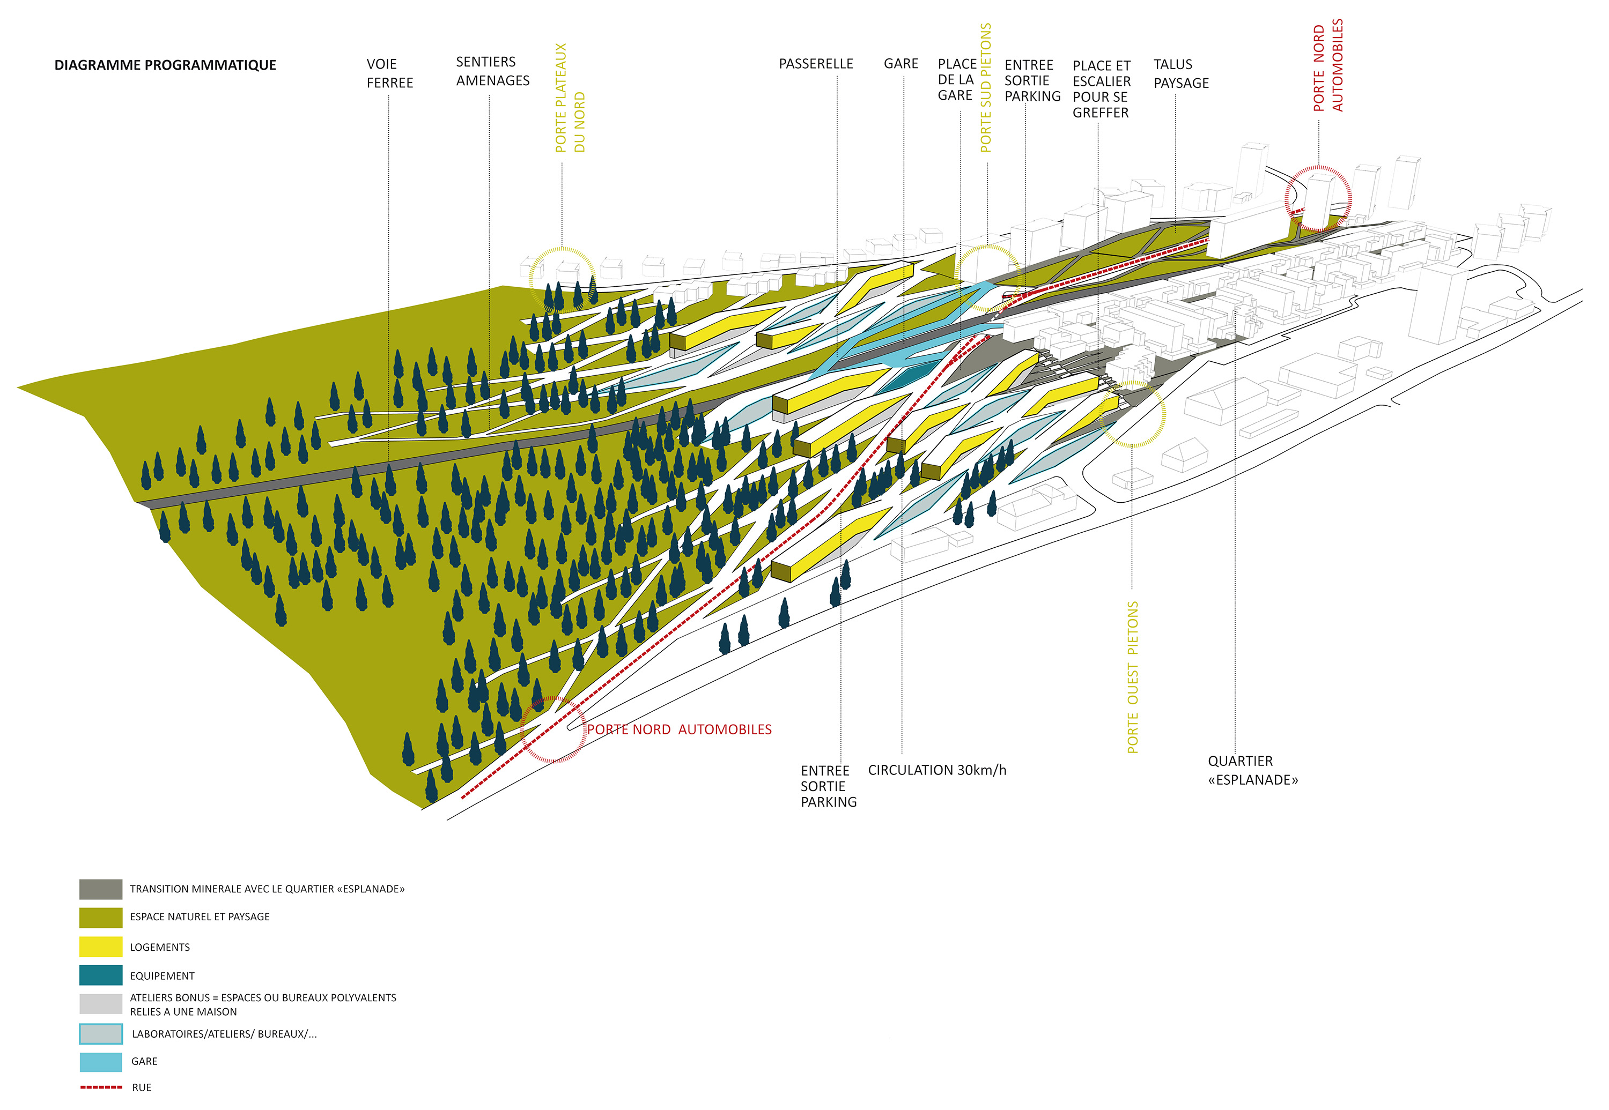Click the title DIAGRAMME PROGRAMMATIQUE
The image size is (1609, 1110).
click(165, 65)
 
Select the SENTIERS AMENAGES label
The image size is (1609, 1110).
click(492, 71)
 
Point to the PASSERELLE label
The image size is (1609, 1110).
click(816, 64)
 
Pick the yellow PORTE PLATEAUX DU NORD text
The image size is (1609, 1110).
click(570, 98)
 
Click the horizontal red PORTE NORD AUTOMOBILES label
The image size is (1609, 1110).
click(679, 729)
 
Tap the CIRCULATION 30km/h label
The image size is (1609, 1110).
click(937, 770)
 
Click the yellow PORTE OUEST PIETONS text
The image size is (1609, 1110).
click(1132, 677)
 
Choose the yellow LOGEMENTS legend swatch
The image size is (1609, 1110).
click(101, 947)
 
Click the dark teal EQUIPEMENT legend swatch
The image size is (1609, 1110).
click(101, 975)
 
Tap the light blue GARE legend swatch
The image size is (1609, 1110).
click(101, 1061)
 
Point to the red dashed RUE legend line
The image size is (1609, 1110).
click(101, 1087)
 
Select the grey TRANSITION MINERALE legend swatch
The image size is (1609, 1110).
click(101, 889)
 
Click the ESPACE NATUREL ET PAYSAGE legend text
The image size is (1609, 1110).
click(200, 917)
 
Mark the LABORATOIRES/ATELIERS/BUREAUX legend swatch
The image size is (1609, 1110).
click(101, 1033)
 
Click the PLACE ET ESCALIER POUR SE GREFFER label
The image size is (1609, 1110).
click(1101, 89)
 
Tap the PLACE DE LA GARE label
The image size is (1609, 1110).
click(956, 79)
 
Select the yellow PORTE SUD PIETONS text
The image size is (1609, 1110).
click(985, 88)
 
